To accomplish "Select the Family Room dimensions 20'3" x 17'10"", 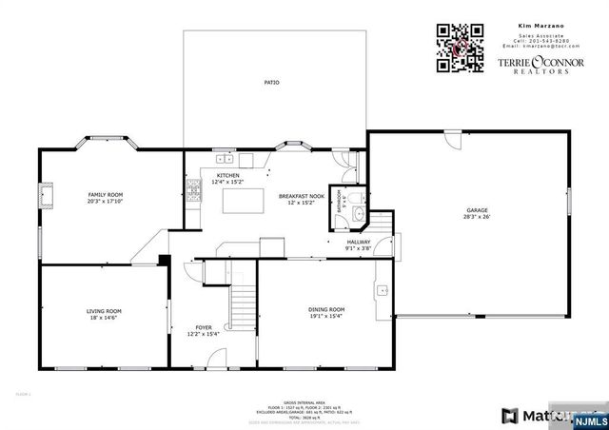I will click(x=105, y=201).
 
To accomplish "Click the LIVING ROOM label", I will click(x=105, y=311).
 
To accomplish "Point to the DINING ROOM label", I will click(x=325, y=309).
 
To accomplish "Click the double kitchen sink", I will click(x=223, y=158).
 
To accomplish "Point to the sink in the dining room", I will click(x=382, y=290).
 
